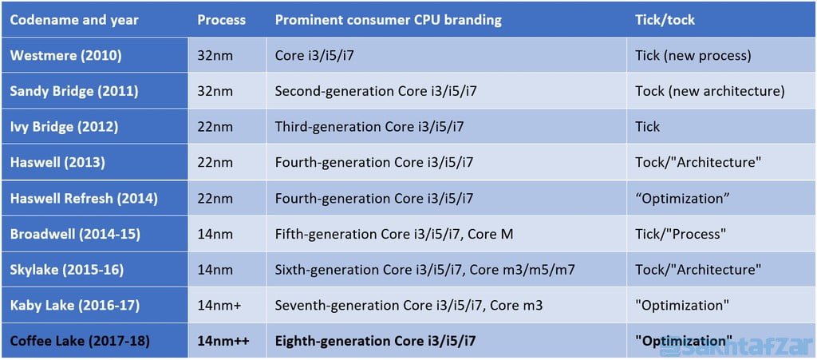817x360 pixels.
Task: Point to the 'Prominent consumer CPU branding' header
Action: [x=388, y=20]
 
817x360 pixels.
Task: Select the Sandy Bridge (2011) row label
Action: [x=73, y=91]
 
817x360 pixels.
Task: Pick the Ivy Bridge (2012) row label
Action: [x=64, y=126]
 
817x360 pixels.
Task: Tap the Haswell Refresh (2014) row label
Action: [x=84, y=198]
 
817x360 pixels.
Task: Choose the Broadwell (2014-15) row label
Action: [x=78, y=234]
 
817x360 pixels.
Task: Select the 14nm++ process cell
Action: [x=224, y=341]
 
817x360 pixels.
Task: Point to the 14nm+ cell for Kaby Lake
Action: [x=219, y=305]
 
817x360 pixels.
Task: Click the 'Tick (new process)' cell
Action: [x=693, y=55]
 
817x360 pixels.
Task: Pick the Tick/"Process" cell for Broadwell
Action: [x=681, y=234]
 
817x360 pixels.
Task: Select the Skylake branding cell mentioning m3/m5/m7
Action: [x=424, y=270]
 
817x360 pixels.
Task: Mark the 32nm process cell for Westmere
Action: [x=215, y=55]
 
